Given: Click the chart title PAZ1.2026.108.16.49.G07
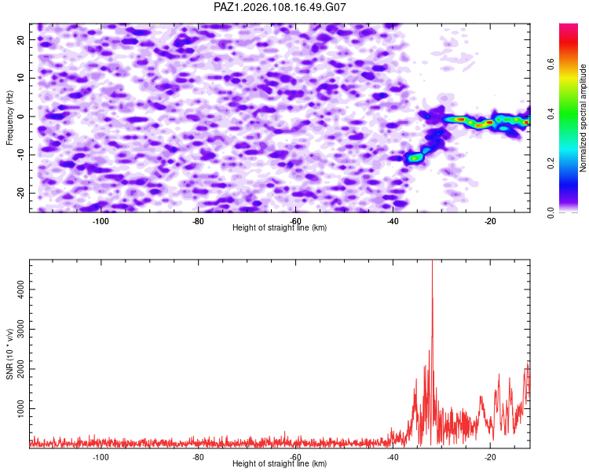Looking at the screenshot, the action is [x=280, y=7].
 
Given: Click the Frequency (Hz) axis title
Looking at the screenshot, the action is [x=9, y=118].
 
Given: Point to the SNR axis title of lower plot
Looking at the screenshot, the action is [x=9, y=354].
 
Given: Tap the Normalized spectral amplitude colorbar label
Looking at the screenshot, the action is [x=583, y=118].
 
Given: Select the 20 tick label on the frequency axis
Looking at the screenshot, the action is [x=20, y=40].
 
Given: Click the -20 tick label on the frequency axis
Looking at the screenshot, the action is [x=20, y=193].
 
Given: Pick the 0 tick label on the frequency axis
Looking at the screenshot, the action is [x=20, y=116].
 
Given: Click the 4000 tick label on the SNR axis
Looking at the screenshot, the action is [x=20, y=289].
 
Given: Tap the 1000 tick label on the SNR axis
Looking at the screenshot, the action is [x=20, y=409].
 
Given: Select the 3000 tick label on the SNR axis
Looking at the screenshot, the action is [x=20, y=330].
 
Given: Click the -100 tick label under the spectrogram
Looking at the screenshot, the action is [x=101, y=221].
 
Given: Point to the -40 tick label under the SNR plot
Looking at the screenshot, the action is [x=393, y=457].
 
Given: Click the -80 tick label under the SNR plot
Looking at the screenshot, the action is [x=198, y=457].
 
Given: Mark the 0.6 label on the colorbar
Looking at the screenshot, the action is [x=551, y=64].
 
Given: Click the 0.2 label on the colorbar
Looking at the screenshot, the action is [x=551, y=163].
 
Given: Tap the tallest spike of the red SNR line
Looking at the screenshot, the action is [x=433, y=261].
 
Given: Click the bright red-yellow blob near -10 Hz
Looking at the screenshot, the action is [x=414, y=158].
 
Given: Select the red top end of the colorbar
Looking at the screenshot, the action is [x=569, y=26].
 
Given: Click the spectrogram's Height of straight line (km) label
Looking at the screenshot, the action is [x=280, y=227].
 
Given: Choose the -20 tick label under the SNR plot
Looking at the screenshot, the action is [x=490, y=457].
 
